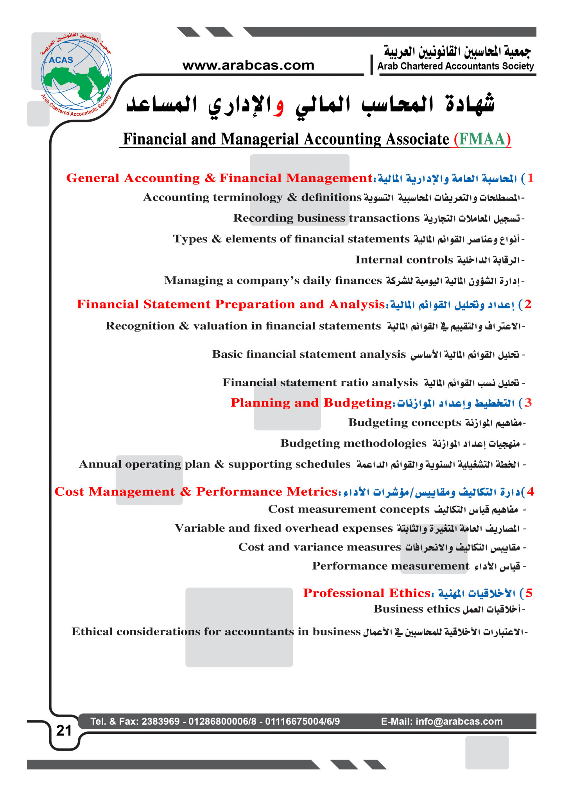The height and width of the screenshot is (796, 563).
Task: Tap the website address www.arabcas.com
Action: (248, 65)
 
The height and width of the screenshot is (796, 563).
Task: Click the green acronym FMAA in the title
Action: (482, 139)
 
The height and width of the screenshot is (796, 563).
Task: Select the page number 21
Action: (64, 730)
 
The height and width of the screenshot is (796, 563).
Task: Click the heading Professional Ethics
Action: (367, 593)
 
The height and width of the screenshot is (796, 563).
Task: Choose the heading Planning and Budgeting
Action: (311, 403)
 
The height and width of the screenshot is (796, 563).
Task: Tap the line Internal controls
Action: (404, 260)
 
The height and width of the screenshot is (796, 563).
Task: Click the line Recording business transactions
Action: (326, 218)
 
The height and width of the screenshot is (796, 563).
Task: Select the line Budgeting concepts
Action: (405, 423)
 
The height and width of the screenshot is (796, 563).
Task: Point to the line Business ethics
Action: (417, 609)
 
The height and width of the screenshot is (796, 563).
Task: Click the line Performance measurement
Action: (391, 566)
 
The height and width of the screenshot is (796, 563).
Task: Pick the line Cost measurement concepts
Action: (349, 509)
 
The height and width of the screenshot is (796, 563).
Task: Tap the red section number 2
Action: (528, 304)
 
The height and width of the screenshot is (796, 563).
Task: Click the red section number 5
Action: (529, 593)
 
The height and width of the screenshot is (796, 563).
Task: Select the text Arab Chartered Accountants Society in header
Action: (455, 66)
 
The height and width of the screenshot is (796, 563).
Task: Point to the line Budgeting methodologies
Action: (353, 443)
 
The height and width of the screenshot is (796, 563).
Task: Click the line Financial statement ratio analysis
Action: (320, 382)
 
